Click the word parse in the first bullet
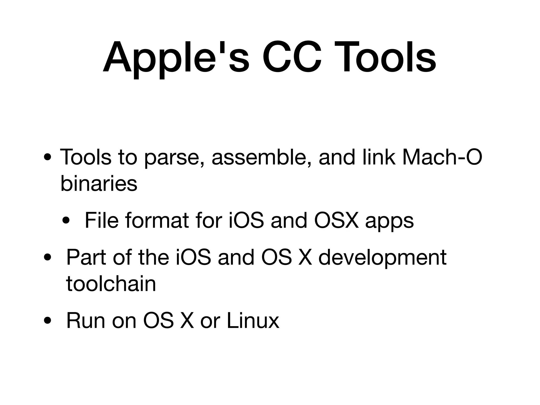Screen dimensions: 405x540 pos(174,158)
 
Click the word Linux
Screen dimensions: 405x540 pos(253,320)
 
